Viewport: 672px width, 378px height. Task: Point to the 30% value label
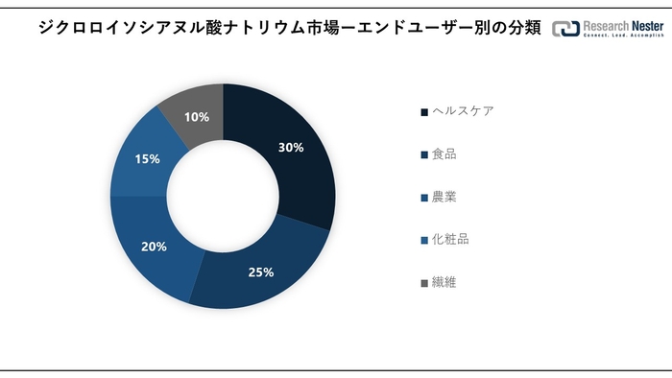click(x=291, y=148)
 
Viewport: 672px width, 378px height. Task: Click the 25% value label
click(x=261, y=272)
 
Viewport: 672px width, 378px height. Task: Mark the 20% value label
click(x=154, y=247)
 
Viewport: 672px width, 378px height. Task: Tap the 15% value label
click(x=147, y=158)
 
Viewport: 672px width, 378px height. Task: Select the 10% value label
click(x=197, y=117)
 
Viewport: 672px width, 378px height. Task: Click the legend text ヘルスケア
click(x=463, y=111)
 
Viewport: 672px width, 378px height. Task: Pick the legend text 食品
click(x=444, y=154)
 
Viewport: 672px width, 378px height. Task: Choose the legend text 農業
click(x=444, y=197)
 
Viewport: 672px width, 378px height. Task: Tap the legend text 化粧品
click(x=450, y=240)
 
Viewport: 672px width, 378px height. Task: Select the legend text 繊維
click(x=444, y=283)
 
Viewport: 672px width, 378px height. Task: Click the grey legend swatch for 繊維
click(x=424, y=283)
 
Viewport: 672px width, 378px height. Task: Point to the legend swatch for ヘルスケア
click(x=424, y=112)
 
